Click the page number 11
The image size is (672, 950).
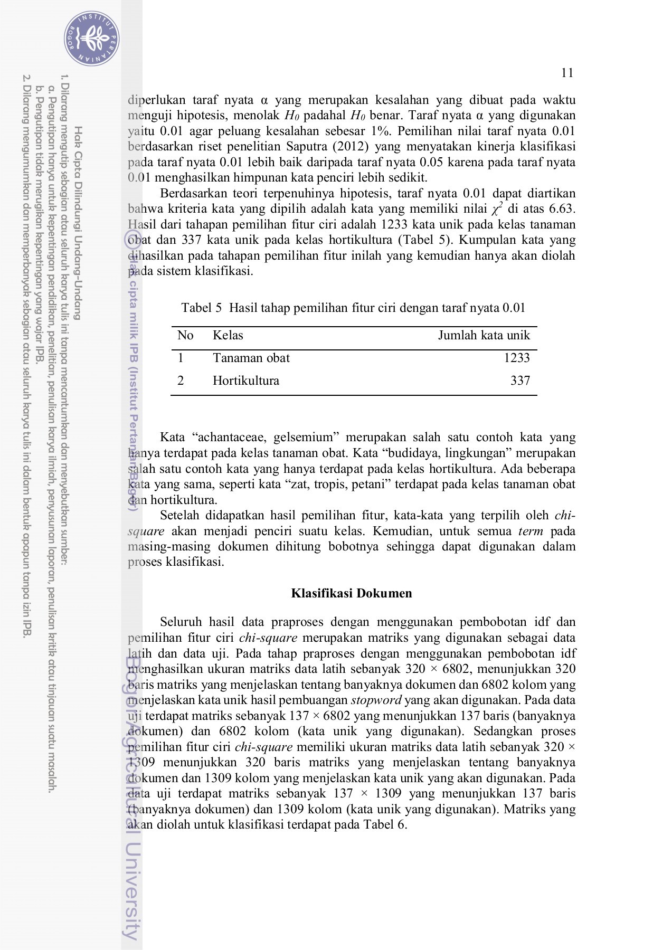[567, 73]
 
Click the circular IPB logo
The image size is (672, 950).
[92, 38]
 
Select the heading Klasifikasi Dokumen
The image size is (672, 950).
[351, 593]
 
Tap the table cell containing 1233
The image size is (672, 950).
[516, 358]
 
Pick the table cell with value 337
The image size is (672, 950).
[519, 381]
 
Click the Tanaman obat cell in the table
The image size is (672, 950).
[251, 358]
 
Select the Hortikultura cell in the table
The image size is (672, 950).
[245, 381]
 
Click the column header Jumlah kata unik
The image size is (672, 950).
[484, 335]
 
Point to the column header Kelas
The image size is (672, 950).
[228, 335]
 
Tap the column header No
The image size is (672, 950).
[185, 335]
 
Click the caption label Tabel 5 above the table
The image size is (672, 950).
[201, 308]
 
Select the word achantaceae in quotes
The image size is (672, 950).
[231, 437]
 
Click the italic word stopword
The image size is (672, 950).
[376, 700]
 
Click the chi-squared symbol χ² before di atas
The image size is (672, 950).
[496, 208]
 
